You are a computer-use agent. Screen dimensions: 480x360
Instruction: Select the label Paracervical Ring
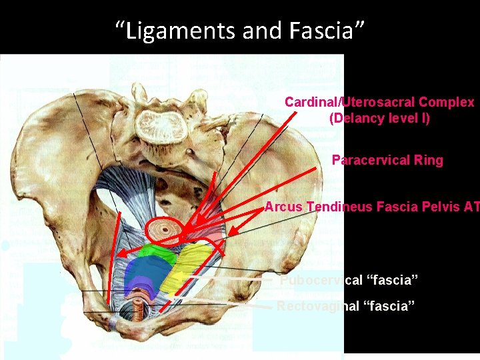(387, 161)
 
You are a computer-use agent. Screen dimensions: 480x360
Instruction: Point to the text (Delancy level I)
(379, 119)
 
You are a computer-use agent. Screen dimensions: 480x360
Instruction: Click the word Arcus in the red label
(283, 207)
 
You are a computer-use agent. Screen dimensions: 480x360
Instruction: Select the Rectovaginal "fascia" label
(346, 306)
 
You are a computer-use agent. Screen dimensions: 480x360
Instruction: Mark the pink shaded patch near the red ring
(212, 233)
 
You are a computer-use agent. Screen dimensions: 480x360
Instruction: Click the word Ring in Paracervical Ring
(428, 161)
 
